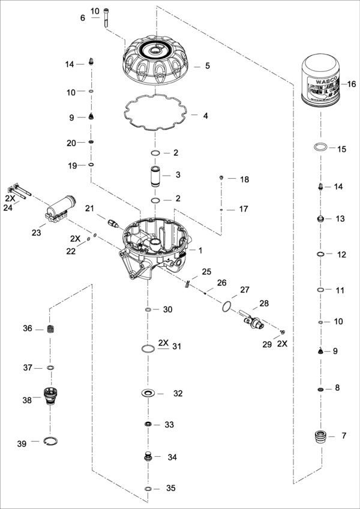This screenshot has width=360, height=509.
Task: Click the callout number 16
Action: tap(352, 84)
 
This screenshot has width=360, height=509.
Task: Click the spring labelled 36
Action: tap(50, 329)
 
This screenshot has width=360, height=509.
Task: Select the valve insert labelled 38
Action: tap(50, 397)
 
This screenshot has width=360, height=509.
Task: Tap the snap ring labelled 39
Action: tap(52, 442)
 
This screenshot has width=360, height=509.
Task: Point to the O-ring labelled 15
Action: tap(320, 147)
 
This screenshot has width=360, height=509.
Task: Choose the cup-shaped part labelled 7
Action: tap(322, 436)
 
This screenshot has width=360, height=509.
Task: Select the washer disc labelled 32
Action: tap(148, 394)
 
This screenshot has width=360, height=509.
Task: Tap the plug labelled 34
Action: tap(148, 458)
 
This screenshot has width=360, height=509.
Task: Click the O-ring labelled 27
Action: tap(225, 307)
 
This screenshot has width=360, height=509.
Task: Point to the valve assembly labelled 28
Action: tap(252, 319)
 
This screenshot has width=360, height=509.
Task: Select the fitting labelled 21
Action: tap(110, 222)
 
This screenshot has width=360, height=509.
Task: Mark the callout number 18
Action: tap(244, 179)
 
